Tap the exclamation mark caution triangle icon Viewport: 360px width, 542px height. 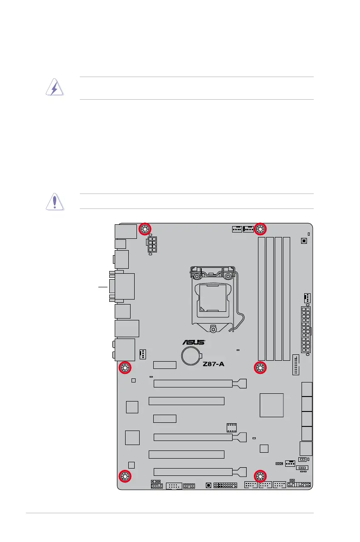point(54,201)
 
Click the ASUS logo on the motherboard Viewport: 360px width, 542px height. point(194,343)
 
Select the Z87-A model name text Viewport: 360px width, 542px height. point(214,363)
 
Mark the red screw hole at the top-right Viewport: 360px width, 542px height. point(260,229)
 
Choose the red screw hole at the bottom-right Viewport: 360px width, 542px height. point(260,476)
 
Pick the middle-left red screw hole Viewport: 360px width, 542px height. point(125,368)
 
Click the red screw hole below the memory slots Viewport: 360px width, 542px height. point(260,368)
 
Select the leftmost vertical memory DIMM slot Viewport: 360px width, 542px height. point(262,299)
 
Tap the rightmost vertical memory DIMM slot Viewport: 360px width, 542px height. point(286,299)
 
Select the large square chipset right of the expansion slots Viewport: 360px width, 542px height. point(272,405)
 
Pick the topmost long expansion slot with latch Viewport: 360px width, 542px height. point(199,384)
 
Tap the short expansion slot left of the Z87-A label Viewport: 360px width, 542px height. point(165,365)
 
